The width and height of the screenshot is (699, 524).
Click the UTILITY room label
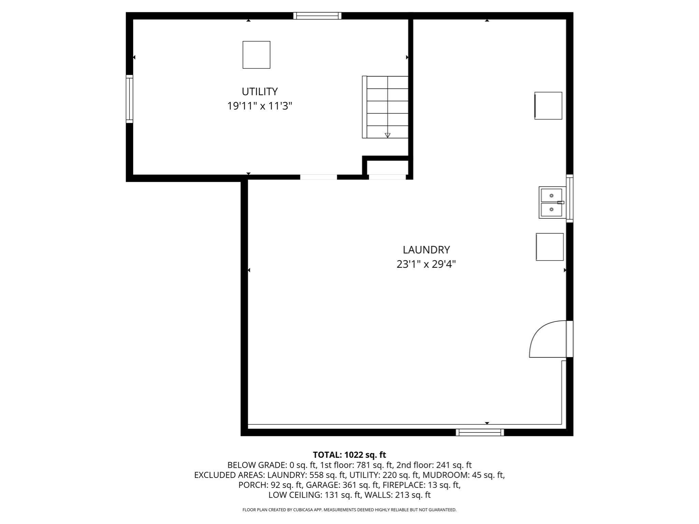tap(259, 91)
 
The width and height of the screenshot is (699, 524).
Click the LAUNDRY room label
tap(426, 250)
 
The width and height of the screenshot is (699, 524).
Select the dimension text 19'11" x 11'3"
tap(259, 106)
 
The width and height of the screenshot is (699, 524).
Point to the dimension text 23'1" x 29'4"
tap(426, 264)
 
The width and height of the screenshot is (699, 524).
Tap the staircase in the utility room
tap(386, 107)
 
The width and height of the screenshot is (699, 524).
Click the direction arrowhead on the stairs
tap(387, 135)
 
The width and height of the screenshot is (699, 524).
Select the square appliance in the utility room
tap(256, 55)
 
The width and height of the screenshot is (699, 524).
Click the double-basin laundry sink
tap(552, 202)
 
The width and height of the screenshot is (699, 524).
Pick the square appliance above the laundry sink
tap(548, 106)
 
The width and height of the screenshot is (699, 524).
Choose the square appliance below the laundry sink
tap(550, 247)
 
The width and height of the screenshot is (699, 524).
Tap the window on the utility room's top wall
tap(317, 16)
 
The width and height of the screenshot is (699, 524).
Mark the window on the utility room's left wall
tap(129, 99)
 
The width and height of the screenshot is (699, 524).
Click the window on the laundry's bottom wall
tap(480, 433)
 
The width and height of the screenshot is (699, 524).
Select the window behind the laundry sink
tap(570, 199)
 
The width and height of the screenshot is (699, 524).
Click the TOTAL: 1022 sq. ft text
tap(349, 455)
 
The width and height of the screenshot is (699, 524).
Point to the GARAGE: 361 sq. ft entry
tap(342, 485)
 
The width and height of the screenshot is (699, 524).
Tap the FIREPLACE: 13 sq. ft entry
tap(421, 485)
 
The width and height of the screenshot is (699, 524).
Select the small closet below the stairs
tap(387, 168)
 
